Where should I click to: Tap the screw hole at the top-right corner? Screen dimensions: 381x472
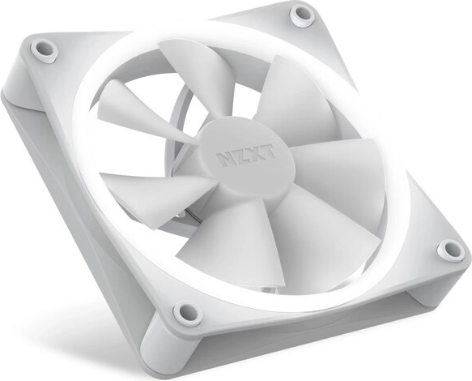[303, 14]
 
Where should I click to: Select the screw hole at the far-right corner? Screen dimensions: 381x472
[449, 250]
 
